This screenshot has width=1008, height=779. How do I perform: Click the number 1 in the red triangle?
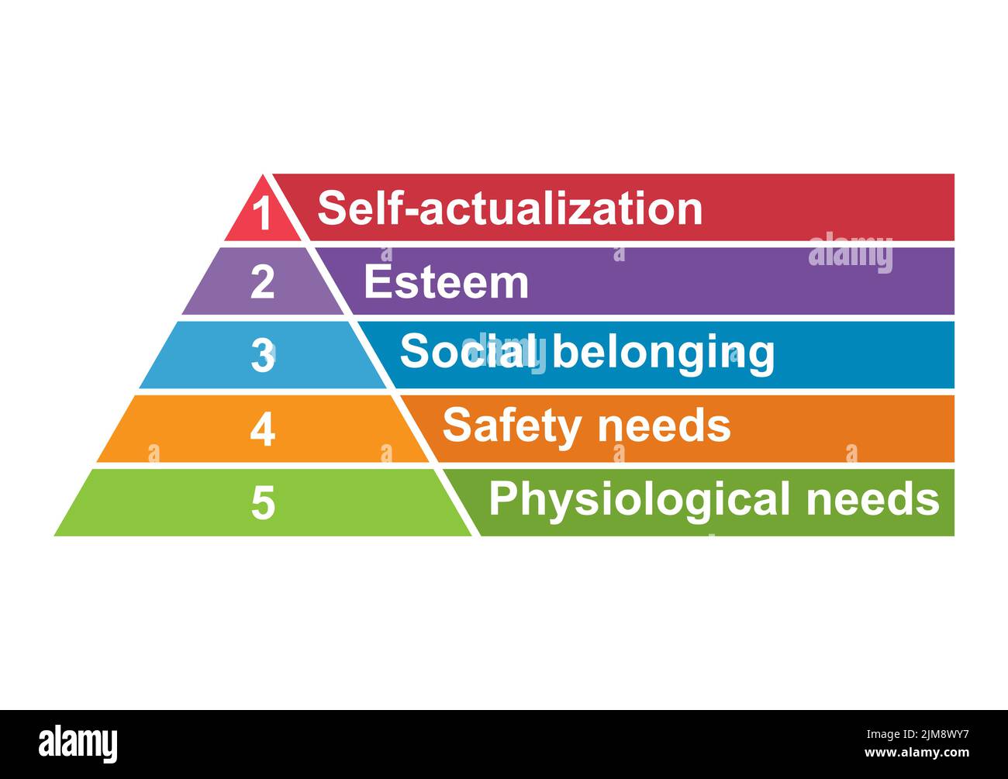point(264,214)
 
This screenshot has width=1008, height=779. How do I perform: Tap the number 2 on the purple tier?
point(262,282)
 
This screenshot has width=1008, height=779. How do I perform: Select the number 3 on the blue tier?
point(263,355)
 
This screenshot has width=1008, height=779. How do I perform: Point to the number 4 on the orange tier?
point(262,429)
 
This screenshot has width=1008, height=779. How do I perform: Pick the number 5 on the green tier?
point(263,502)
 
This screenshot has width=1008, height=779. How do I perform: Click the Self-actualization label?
point(509,209)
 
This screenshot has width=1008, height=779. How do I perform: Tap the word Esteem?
point(446,281)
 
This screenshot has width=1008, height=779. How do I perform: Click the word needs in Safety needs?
point(665,426)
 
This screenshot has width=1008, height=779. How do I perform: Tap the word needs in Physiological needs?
point(872,498)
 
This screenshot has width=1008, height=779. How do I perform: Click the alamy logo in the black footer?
point(78,743)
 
